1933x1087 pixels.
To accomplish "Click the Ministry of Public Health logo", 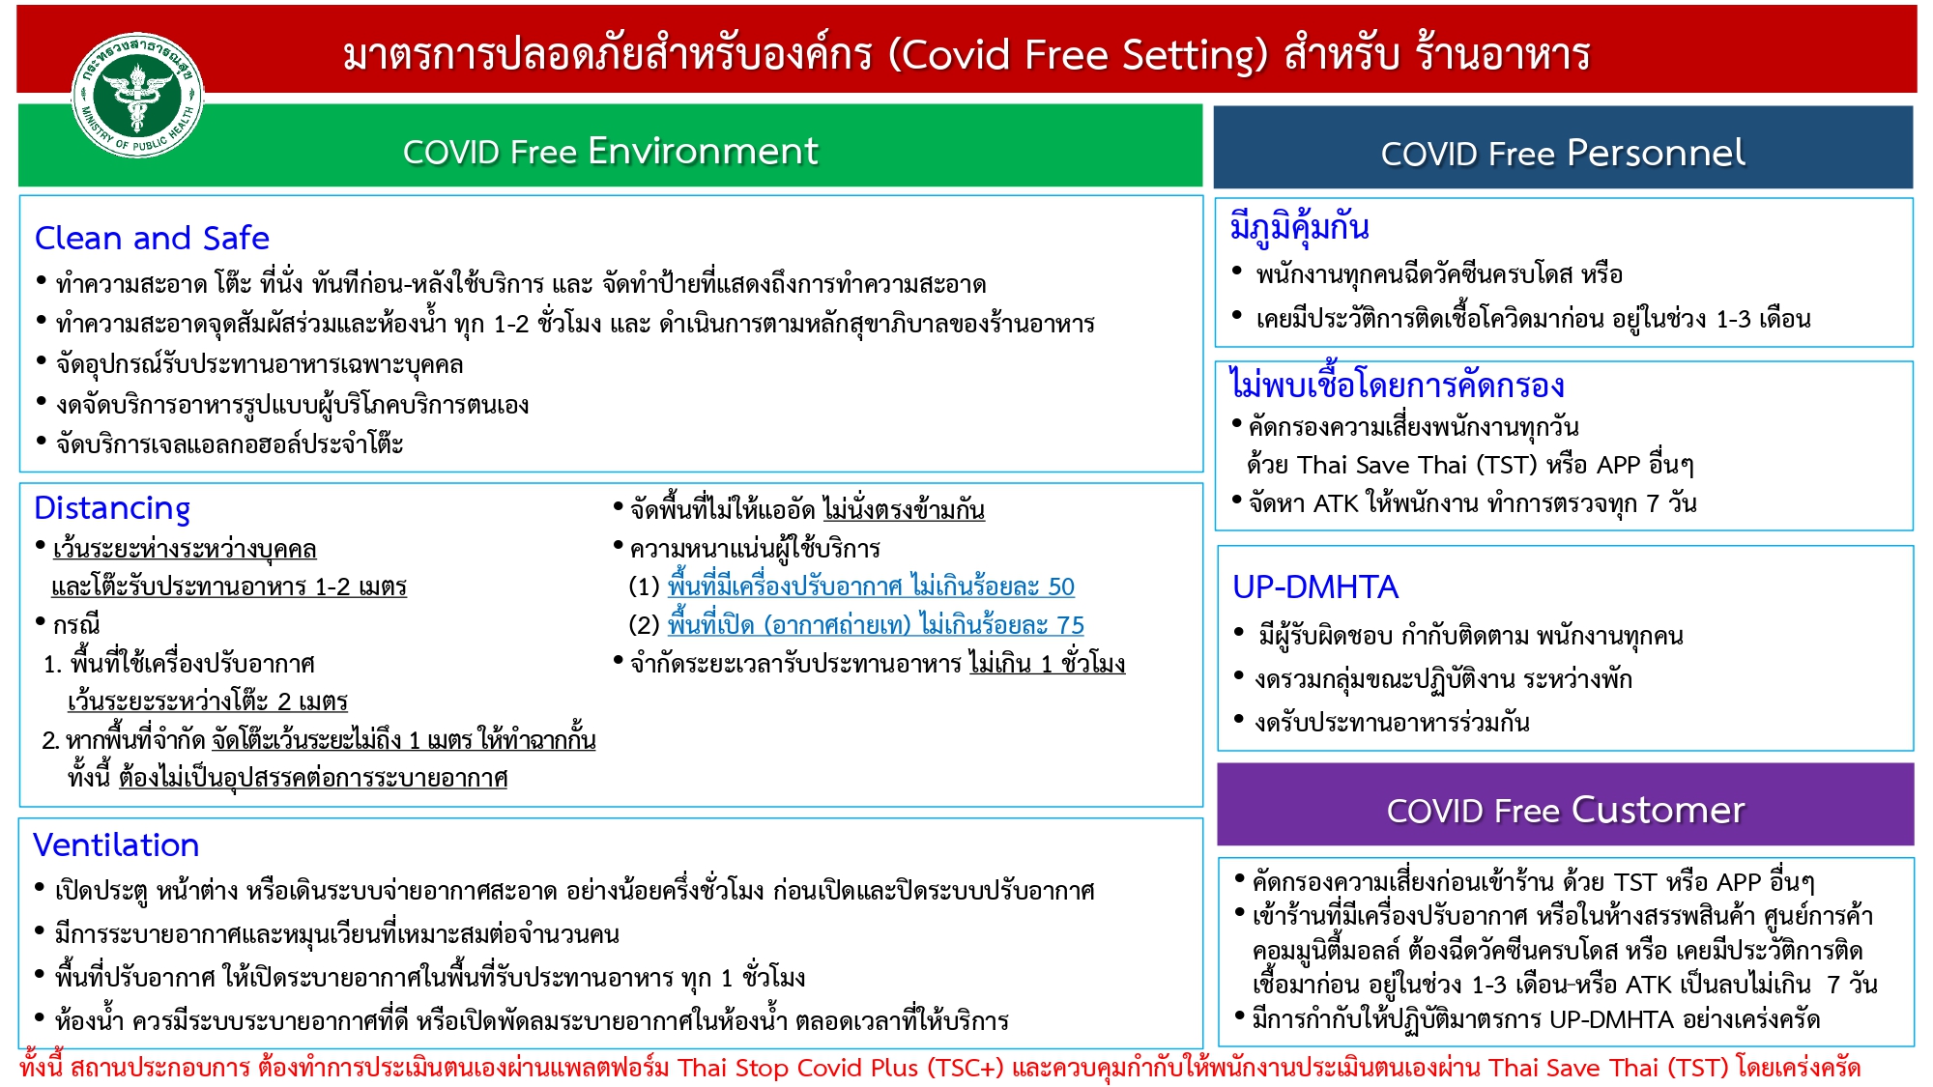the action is pos(137,94).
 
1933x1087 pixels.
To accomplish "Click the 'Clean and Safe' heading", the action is pos(152,238).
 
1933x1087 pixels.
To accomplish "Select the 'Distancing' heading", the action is pos(112,508).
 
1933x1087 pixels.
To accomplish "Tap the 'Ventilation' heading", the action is pos(116,845).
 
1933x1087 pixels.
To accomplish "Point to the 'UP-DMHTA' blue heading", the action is pos(1315,586).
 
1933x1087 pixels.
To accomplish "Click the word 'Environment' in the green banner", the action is pos(703,151).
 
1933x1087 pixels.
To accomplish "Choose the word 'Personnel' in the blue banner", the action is pos(1656,153).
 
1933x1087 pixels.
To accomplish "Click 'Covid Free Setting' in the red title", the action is pos(1077,55).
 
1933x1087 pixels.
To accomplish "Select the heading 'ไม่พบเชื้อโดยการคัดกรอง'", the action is pos(1397,385).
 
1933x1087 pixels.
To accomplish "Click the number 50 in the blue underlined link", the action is pos(1061,586).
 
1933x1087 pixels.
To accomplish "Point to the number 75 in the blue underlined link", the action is pos(1071,625).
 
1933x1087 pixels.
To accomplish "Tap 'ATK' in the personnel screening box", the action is pos(1336,503).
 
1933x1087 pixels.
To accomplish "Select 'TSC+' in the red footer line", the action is pos(966,1068).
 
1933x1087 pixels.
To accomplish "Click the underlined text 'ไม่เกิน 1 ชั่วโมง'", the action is pos(1048,664).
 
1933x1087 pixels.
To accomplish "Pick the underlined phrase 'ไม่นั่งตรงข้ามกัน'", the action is pos(904,509).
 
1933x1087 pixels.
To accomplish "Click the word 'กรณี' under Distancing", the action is pos(76,625).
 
